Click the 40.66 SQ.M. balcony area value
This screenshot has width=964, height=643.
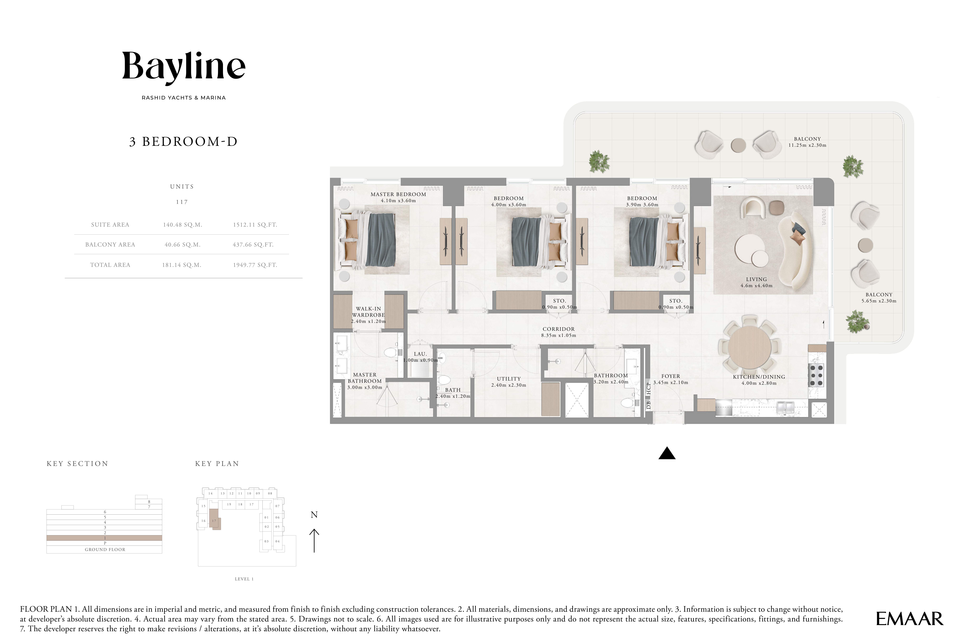click(182, 245)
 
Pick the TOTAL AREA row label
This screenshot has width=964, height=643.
click(110, 265)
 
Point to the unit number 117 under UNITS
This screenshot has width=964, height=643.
click(182, 202)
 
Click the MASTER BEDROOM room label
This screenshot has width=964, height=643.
click(398, 194)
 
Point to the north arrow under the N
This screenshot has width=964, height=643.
click(314, 540)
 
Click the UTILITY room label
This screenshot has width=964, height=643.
click(509, 379)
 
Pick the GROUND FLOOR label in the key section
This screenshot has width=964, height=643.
click(105, 550)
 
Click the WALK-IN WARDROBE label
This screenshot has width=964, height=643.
click(368, 312)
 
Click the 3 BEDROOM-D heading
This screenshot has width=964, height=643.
click(183, 141)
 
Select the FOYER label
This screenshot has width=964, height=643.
click(671, 376)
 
